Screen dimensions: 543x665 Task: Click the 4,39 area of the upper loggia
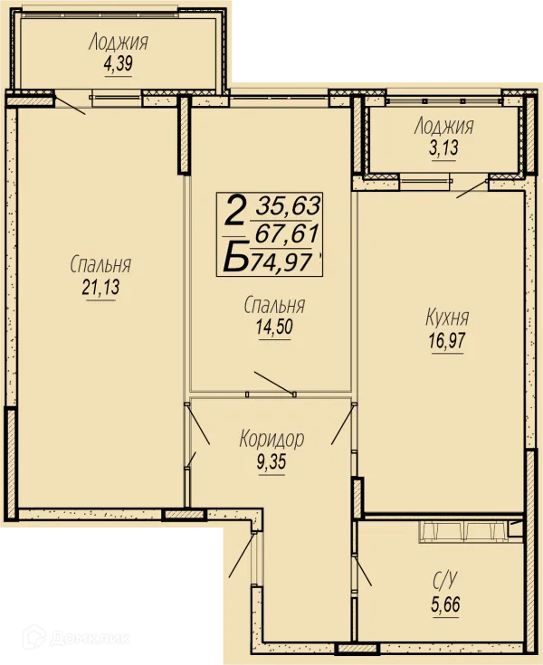tap(118, 63)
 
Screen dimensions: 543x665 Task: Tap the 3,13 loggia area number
tap(443, 147)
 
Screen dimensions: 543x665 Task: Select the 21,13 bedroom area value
tap(101, 287)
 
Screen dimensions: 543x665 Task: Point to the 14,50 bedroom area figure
tap(274, 327)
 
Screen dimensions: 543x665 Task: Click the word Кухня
tap(447, 318)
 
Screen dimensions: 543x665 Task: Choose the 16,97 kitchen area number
tap(447, 340)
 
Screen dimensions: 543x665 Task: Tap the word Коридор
tap(271, 439)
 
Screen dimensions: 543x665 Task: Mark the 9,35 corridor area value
tap(271, 461)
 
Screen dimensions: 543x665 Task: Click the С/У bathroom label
tap(445, 581)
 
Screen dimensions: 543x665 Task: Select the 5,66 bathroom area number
tap(445, 604)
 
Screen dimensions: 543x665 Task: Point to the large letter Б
tap(235, 257)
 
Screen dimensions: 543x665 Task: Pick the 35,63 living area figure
tap(288, 206)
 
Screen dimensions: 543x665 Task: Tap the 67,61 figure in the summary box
tap(287, 233)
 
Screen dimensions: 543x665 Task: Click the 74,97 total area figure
tap(281, 261)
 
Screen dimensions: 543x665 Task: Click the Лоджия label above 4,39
tap(119, 43)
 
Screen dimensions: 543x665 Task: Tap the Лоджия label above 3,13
tap(443, 127)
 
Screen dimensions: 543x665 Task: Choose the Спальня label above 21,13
tap(100, 264)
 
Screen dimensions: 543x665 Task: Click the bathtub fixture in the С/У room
tap(463, 531)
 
